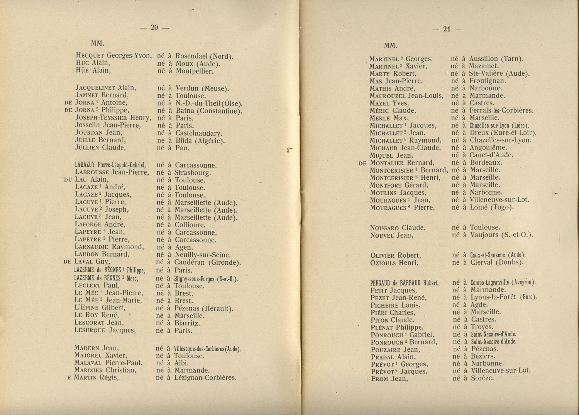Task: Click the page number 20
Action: pos(154,27)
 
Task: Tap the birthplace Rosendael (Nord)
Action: pos(204,56)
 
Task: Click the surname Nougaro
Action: pos(384,228)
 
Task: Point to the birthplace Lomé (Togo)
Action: pos(492,207)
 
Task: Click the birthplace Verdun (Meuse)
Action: pos(202,88)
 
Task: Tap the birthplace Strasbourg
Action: pos(193,173)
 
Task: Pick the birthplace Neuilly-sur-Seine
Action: pos(203,255)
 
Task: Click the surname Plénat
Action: pos(383,328)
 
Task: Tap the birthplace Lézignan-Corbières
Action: pos(205,378)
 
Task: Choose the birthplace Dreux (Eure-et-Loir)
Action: pos(503,133)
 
